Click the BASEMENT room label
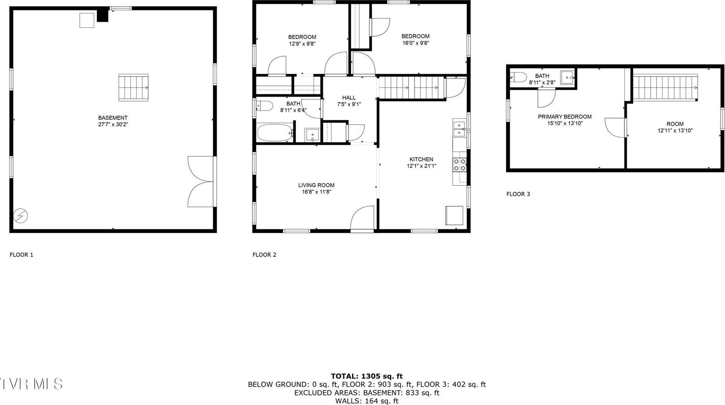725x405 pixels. [x=113, y=118]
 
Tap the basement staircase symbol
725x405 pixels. [x=134, y=88]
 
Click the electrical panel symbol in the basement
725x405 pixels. [x=20, y=216]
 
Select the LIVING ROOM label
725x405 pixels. [x=316, y=185]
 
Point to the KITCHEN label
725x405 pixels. [x=421, y=159]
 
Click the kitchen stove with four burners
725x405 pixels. [x=460, y=164]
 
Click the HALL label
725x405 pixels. [x=349, y=98]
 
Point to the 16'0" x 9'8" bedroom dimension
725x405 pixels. [x=415, y=44]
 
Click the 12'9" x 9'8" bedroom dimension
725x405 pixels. [x=302, y=44]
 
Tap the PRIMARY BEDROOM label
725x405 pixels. [x=565, y=117]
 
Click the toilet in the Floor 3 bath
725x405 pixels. [x=518, y=77]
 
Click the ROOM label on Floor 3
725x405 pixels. [x=675, y=124]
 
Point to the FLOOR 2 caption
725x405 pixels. [x=264, y=255]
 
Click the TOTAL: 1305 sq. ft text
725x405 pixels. [x=367, y=376]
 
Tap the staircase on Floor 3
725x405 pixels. [x=665, y=88]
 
